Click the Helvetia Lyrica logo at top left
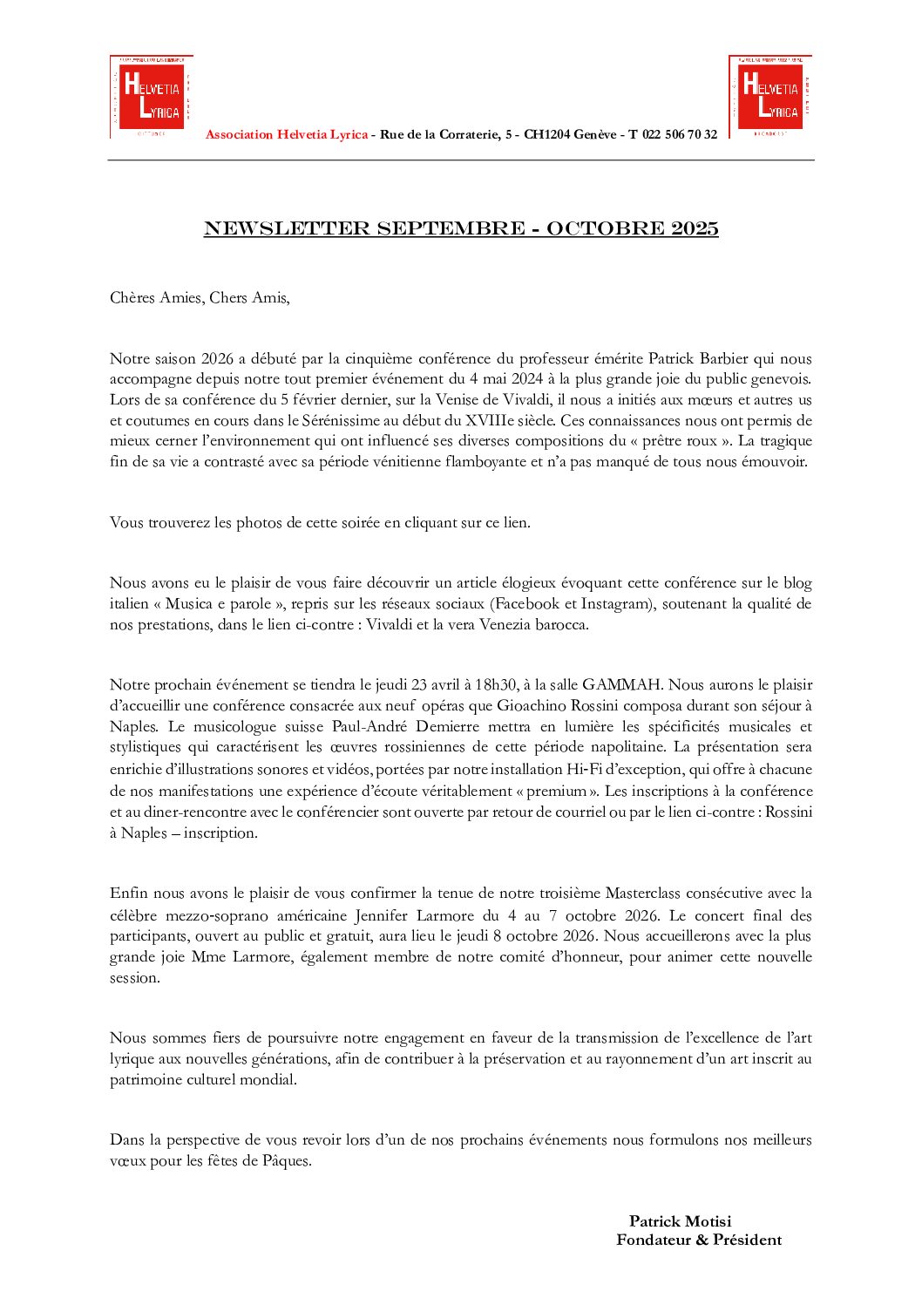pos(151,97)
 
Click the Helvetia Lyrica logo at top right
pos(770,96)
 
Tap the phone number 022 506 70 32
pos(680,134)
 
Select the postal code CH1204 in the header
pos(546,134)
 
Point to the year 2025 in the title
pos(695,228)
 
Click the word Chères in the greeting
pos(131,298)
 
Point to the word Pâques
pos(286,1161)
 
